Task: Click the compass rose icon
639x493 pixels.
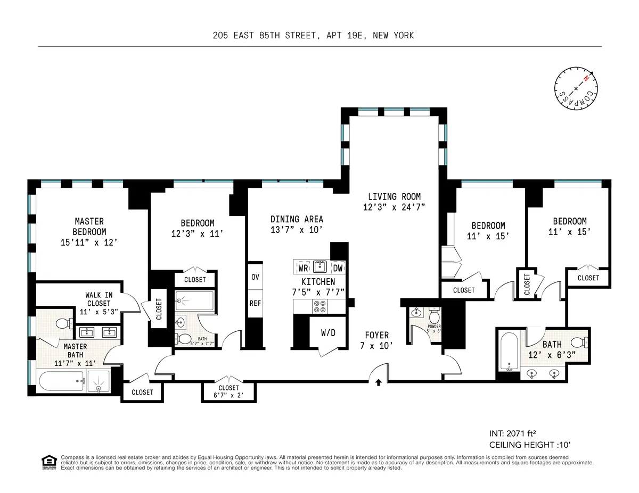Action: (x=576, y=89)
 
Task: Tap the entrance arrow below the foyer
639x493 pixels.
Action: (x=378, y=381)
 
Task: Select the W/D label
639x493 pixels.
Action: (x=328, y=333)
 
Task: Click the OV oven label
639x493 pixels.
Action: (x=255, y=277)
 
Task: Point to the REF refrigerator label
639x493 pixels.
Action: (x=255, y=304)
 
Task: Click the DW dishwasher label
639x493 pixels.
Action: (x=338, y=268)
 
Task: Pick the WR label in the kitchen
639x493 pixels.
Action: (x=302, y=268)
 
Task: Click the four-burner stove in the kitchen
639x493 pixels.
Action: (x=320, y=306)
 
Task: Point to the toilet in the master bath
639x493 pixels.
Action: (x=61, y=322)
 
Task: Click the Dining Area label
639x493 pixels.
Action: (x=297, y=219)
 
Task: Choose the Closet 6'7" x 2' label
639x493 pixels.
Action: (x=228, y=391)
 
